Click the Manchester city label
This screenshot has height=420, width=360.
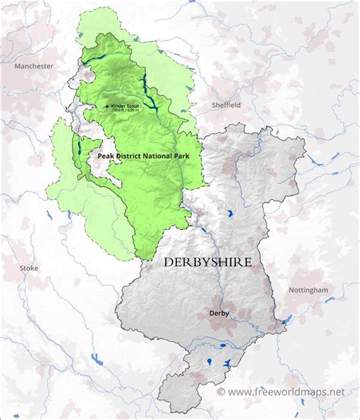[x=33, y=66]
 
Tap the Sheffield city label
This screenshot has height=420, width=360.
[x=226, y=106]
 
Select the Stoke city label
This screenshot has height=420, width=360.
[x=28, y=268]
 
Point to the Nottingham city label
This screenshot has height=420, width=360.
[x=308, y=290]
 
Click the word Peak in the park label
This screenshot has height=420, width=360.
[x=107, y=156]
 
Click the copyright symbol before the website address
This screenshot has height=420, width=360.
[x=221, y=392]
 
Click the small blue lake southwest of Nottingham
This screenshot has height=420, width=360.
[x=284, y=324]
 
